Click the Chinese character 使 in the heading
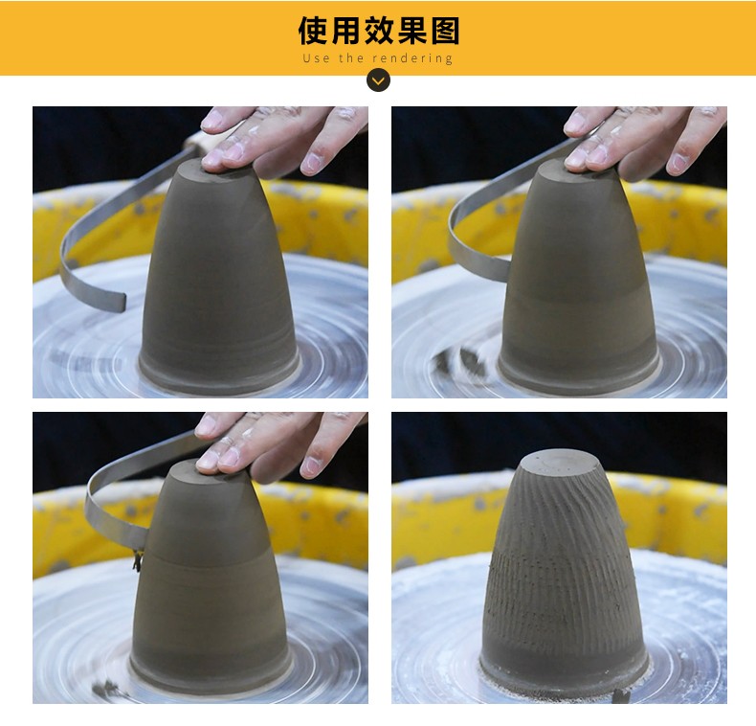point(314,31)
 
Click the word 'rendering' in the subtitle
point(412,58)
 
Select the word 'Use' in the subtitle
point(317,58)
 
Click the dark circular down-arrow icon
point(379,80)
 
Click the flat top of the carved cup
point(561,461)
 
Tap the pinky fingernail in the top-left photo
point(311,162)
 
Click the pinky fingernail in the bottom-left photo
point(310,466)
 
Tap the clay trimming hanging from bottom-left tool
point(138,560)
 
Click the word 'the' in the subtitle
point(351,58)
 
